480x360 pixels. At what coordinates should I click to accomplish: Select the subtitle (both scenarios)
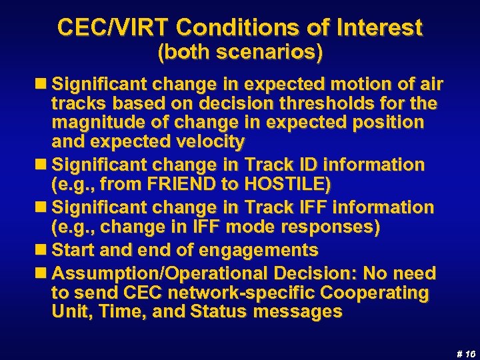pos(240,53)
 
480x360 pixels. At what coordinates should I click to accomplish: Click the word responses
pos(331,227)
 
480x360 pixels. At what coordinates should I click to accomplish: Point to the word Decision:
pos(304,273)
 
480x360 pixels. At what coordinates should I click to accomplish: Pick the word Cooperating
pos(375,293)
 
